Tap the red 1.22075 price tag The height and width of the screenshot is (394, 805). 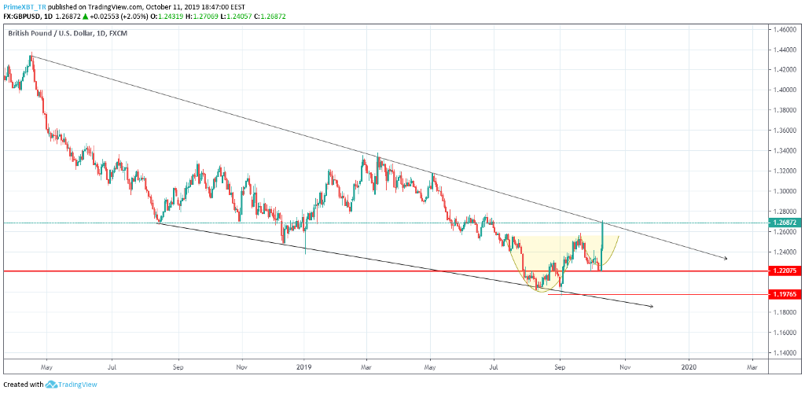point(785,271)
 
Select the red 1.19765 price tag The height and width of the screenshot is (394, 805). point(785,294)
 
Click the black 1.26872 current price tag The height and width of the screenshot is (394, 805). point(785,223)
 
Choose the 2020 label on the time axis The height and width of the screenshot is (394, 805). point(689,366)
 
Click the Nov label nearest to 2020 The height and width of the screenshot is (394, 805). point(624,366)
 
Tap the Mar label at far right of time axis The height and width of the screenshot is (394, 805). point(752,366)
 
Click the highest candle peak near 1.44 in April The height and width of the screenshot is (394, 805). point(31,55)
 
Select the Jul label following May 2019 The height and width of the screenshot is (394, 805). point(494,366)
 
